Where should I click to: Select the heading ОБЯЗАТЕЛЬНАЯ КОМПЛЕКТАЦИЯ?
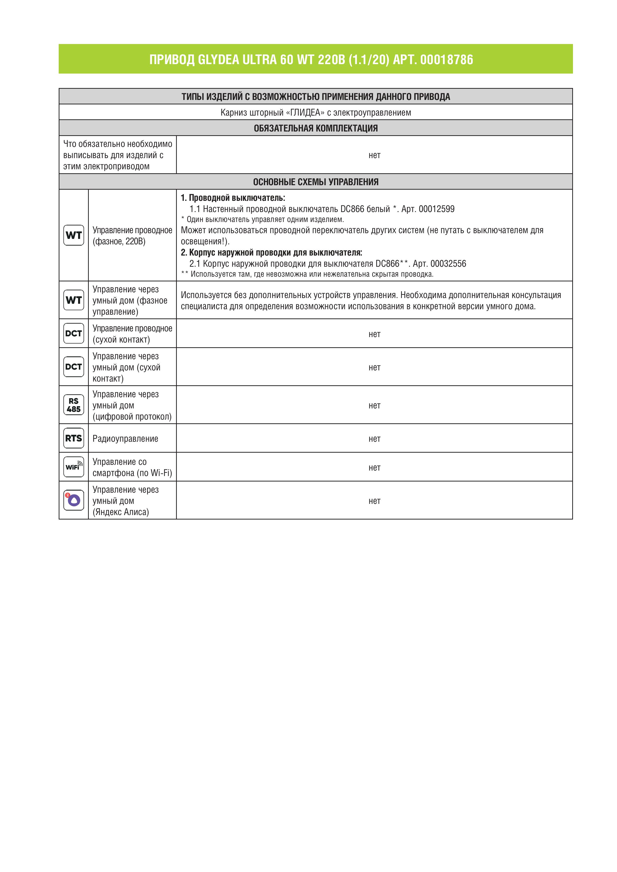click(316, 128)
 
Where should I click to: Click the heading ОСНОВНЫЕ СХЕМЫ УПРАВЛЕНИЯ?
click(316, 182)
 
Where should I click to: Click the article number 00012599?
click(436, 209)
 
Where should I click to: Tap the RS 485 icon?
click(74, 405)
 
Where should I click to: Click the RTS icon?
click(74, 438)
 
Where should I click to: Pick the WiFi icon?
click(74, 467)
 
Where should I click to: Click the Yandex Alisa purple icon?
click(74, 500)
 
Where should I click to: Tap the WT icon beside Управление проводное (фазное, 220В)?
click(74, 235)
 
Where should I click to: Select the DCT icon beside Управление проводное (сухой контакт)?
click(74, 333)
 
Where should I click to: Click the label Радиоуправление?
click(125, 439)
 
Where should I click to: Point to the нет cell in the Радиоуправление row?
click(374, 439)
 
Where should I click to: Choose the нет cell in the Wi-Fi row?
click(374, 468)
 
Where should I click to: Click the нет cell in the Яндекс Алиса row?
click(374, 501)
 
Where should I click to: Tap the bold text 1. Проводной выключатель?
click(233, 198)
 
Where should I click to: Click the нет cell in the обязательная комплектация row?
click(374, 155)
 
